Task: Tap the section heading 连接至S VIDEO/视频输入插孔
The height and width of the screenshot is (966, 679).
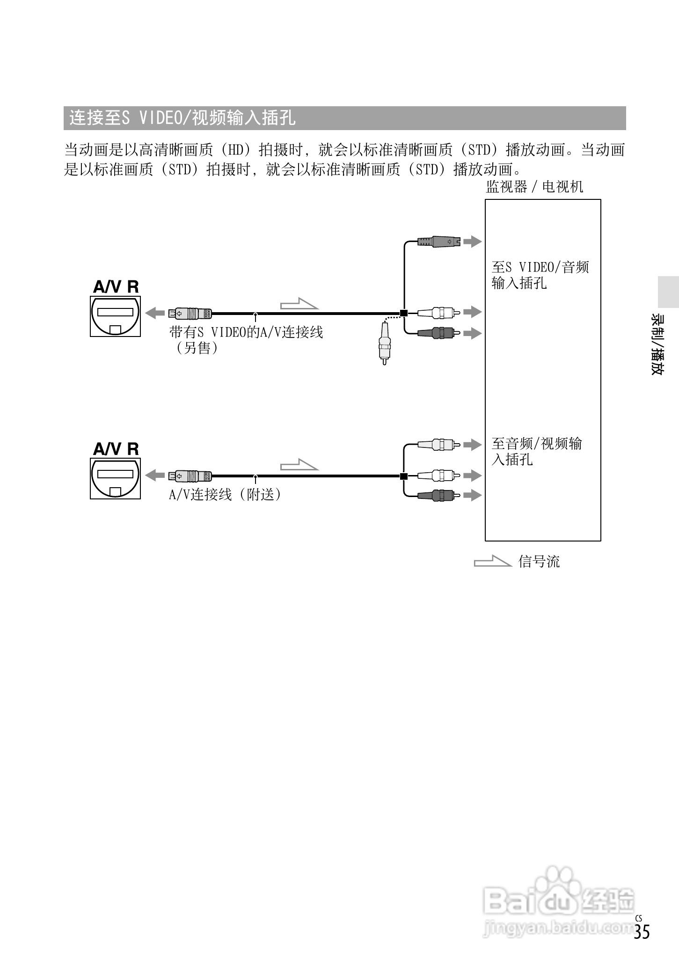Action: pos(183,118)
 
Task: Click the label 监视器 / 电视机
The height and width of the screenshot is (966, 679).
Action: pos(534,187)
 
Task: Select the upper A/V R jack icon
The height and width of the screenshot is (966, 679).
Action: pos(116,315)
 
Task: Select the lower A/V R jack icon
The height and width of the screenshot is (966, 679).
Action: pos(116,478)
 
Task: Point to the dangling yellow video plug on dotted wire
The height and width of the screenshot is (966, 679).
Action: pos(384,344)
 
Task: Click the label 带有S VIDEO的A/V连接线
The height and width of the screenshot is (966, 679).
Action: pos(246,333)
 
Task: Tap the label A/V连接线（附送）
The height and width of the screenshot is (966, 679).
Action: pos(225,495)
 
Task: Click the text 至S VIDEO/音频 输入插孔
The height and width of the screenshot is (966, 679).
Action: pos(540,275)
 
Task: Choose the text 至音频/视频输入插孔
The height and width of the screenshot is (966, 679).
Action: pos(536,451)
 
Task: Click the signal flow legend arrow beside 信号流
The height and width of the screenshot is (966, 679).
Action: pos(492,561)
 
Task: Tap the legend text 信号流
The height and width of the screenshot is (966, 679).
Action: pos(539,562)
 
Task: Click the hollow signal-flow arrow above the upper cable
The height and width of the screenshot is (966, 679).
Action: pos(299,304)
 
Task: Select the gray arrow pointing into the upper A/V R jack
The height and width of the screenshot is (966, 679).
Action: pos(155,313)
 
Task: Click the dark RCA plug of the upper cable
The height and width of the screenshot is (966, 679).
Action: pos(438,333)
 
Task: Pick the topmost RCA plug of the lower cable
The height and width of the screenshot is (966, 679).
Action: pos(438,444)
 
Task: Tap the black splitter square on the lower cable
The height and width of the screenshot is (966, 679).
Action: pos(403,476)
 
